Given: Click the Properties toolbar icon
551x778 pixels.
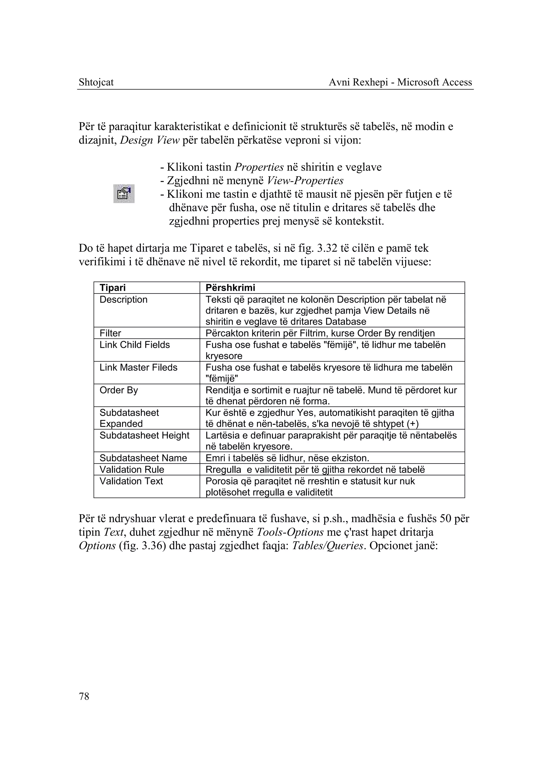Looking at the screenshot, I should click(x=124, y=194).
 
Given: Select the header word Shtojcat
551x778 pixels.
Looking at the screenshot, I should click(x=96, y=82).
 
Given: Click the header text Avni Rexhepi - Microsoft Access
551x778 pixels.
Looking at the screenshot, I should click(x=400, y=82).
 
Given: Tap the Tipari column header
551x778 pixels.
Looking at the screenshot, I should click(x=113, y=288).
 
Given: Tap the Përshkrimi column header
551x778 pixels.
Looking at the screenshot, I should click(x=230, y=288).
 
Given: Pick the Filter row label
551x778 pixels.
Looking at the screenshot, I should click(x=110, y=333).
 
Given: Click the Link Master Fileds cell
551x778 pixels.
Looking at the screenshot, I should click(x=139, y=367).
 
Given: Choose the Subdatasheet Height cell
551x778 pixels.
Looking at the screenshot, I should click(x=144, y=435).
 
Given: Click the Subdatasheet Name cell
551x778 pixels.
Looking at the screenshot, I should click(x=143, y=458).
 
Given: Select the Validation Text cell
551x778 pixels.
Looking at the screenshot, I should click(x=131, y=481).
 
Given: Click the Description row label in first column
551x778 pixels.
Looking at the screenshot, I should click(x=123, y=300).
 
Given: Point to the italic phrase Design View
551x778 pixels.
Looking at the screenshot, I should click(x=149, y=140).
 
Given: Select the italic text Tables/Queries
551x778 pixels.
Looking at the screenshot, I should click(x=327, y=546).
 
